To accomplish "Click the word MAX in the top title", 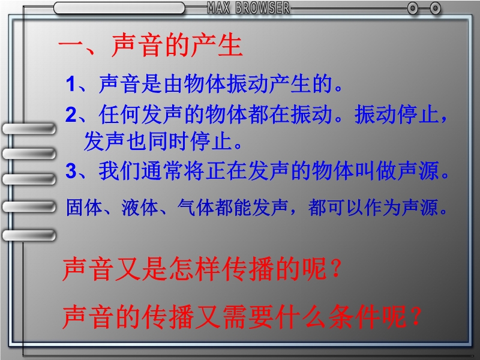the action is coord(218,8).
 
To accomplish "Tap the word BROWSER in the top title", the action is coord(262,8).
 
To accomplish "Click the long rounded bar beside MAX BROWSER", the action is coord(119,8).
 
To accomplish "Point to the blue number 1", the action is coord(71,84).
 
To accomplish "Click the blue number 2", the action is coord(71,115).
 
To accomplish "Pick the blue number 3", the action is coord(71,170).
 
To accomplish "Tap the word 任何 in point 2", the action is coord(119,114).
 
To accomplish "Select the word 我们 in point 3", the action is coord(119,170).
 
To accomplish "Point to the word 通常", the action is coord(162,170).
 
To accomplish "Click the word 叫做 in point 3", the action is coord(376,170).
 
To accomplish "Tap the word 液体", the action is coord(140,208).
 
